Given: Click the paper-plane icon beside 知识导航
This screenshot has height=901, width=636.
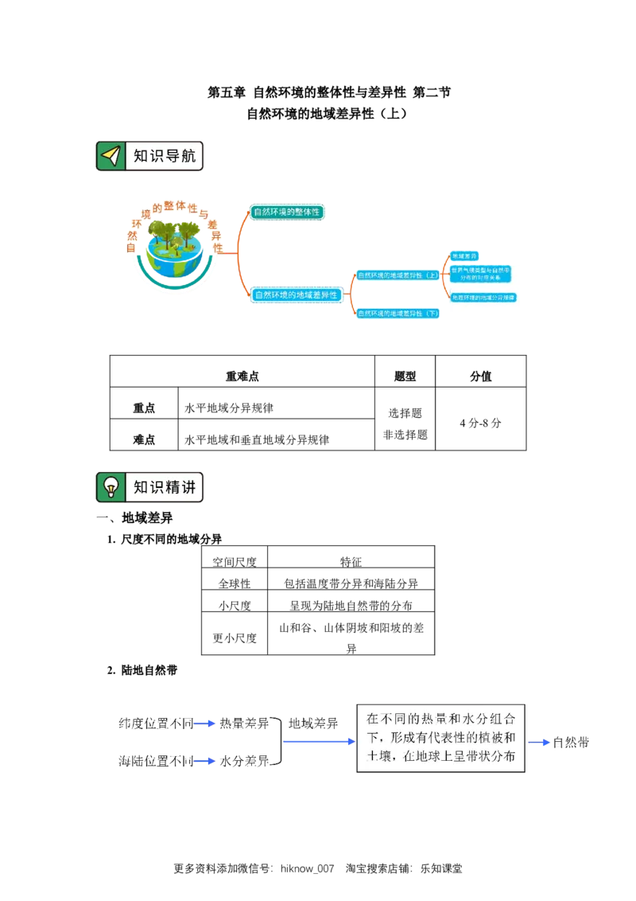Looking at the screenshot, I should [111, 156].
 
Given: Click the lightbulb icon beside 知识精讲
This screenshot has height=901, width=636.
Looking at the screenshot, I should [111, 487].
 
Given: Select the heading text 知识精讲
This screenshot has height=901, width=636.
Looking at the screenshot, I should [164, 487].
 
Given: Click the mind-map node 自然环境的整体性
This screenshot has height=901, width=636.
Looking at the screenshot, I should [286, 212].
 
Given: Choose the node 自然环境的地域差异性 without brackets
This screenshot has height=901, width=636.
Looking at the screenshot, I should [296, 294].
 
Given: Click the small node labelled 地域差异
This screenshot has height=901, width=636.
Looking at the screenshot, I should [465, 256].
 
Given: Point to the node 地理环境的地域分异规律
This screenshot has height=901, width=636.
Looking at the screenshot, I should [483, 298].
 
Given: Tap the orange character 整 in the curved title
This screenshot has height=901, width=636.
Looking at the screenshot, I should [169, 204].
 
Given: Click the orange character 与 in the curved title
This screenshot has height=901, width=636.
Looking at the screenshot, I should [204, 213].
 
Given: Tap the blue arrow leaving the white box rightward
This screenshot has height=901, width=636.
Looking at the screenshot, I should [540, 743].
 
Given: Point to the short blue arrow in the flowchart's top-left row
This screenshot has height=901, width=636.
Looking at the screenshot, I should [204, 724].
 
